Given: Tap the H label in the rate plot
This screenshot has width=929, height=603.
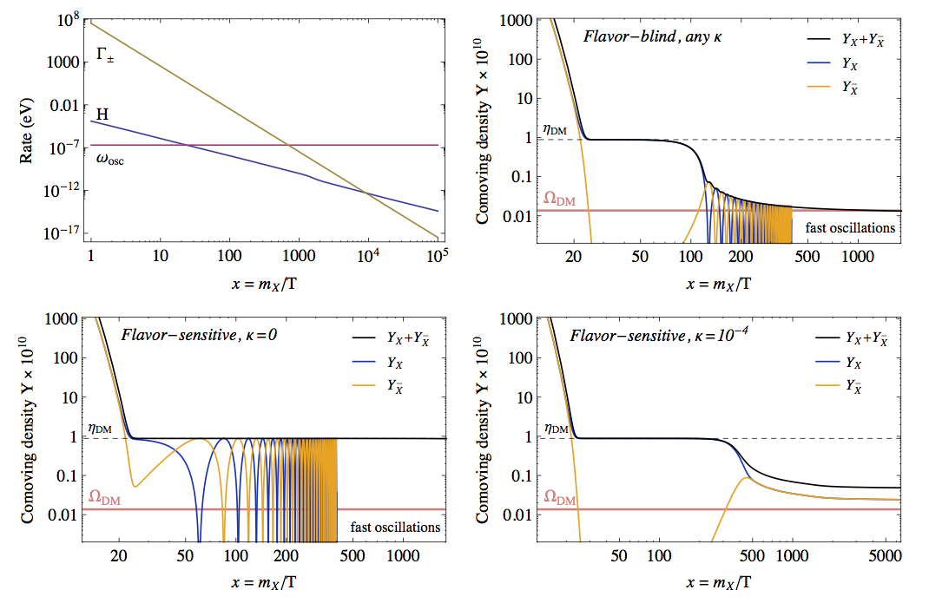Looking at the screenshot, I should pyautogui.click(x=102, y=112).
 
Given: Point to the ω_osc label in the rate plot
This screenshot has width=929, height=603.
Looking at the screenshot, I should pyautogui.click(x=109, y=160).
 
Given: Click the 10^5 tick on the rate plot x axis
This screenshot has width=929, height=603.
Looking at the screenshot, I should pyautogui.click(x=438, y=258).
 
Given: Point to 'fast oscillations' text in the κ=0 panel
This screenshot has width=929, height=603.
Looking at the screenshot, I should pyautogui.click(x=396, y=527).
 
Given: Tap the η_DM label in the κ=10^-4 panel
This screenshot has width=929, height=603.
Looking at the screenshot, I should pyautogui.click(x=556, y=428).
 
